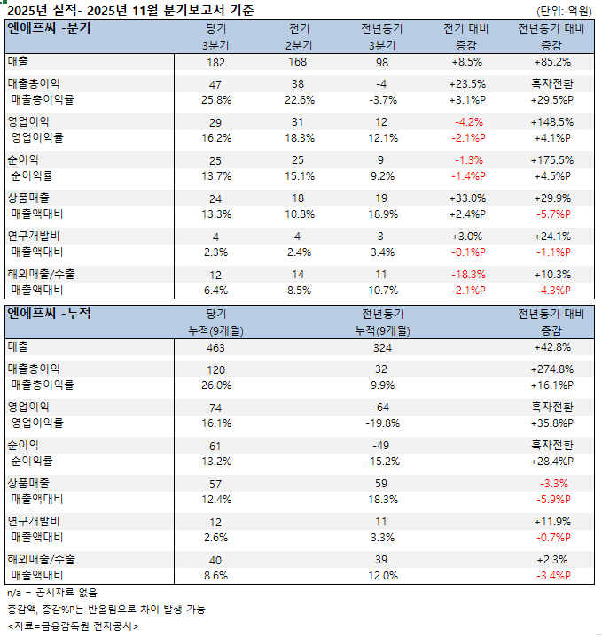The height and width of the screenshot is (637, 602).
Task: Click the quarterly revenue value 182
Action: tap(215, 62)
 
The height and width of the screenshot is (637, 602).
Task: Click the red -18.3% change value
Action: tap(468, 275)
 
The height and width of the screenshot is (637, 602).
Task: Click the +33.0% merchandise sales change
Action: tap(468, 198)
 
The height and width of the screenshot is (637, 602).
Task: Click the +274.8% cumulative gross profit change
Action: tap(551, 369)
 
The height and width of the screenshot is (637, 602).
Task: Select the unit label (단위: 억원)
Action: tap(564, 11)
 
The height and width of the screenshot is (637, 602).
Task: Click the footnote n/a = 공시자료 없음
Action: tap(51, 592)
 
